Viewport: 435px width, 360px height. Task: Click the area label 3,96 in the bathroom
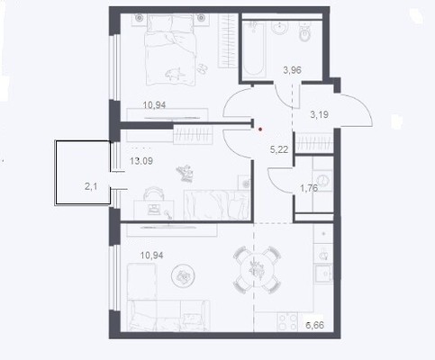tap(292, 70)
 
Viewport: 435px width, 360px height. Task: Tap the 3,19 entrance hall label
tap(319, 114)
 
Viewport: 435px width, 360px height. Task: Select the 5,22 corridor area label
tap(279, 149)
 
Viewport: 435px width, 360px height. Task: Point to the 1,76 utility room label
tap(309, 188)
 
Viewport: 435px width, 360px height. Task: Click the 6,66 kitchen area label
tap(314, 325)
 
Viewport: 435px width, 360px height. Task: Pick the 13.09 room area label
tap(141, 161)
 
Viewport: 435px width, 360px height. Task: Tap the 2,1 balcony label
tap(91, 187)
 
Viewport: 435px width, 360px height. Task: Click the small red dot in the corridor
tap(260, 130)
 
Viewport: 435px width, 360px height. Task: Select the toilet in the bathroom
tap(305, 31)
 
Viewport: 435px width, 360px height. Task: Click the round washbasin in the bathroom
tap(280, 28)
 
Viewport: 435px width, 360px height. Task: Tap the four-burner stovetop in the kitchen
tap(287, 322)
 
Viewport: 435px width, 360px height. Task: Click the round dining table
tap(257, 269)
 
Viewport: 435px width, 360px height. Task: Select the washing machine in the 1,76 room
tap(323, 181)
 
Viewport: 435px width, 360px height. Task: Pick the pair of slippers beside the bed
tap(202, 68)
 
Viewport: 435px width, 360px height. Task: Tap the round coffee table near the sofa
tap(183, 275)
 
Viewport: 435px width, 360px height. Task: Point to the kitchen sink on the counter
tap(323, 273)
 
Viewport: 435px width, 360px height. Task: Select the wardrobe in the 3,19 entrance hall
tap(314, 142)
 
